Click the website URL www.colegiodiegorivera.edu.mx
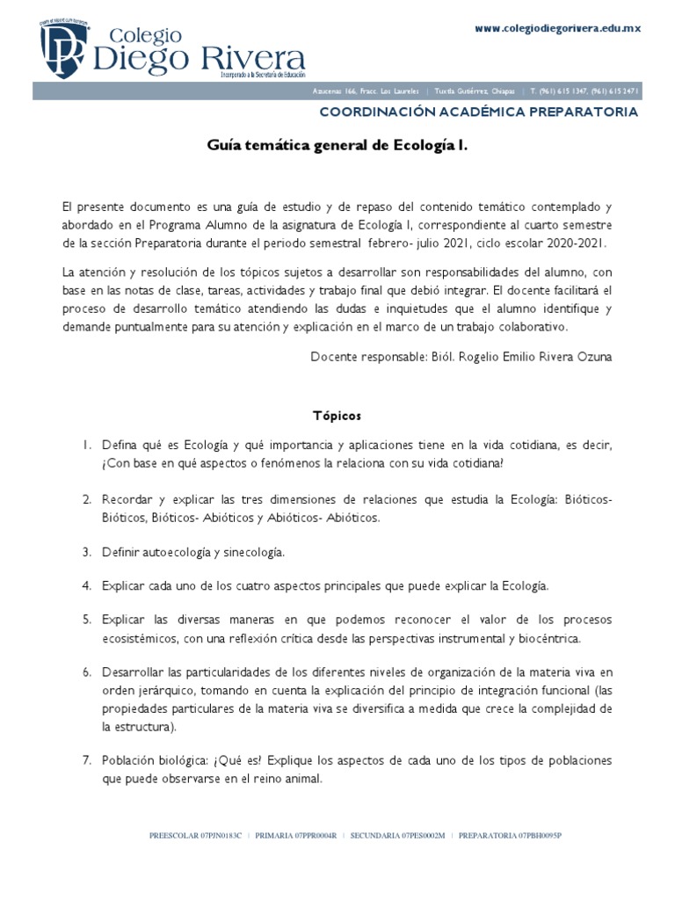[x=557, y=29]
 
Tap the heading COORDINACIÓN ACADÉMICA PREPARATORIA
[x=478, y=112]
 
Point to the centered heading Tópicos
[x=337, y=414]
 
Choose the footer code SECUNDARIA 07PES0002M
[x=398, y=835]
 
